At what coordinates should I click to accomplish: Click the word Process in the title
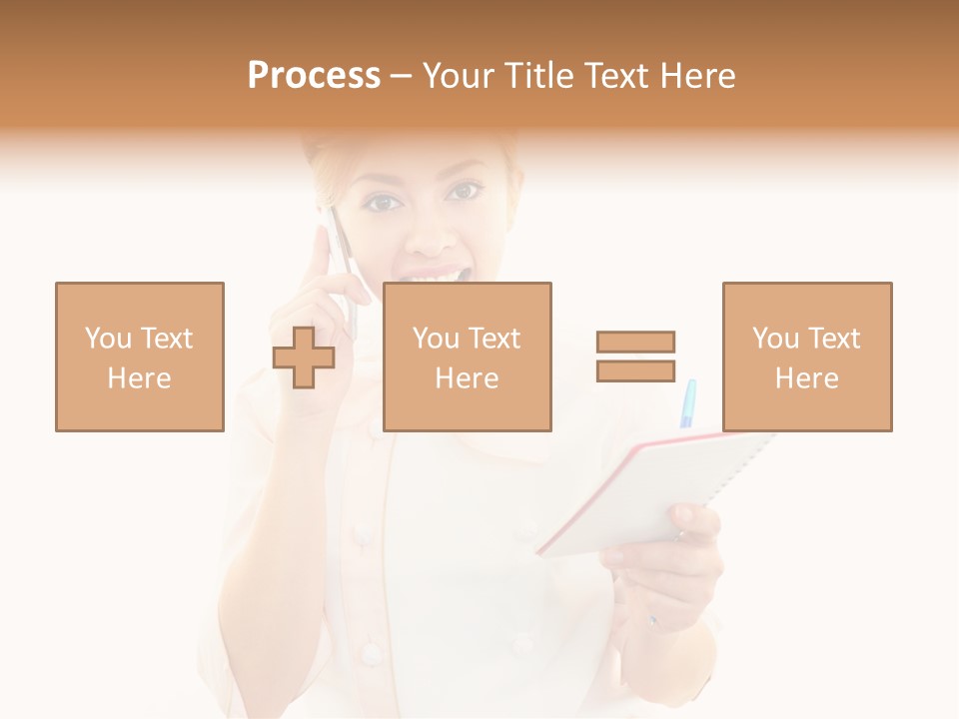314,76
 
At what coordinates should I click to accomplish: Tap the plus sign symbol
304,358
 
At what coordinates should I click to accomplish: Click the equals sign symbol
635,357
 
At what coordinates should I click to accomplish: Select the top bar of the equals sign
635,342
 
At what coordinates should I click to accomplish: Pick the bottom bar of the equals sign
635,370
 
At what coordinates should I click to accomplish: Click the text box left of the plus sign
140,357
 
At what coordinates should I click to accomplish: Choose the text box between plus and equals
467,357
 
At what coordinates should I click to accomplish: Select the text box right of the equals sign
806,357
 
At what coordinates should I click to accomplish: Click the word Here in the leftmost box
139,378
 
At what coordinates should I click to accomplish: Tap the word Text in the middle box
494,339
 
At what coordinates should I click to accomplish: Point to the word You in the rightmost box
774,339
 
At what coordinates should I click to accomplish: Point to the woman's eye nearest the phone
383,203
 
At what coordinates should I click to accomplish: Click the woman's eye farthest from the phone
464,191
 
